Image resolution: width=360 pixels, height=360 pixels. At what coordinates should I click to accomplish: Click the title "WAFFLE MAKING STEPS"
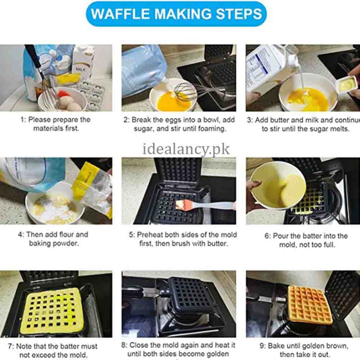pyautogui.click(x=176, y=13)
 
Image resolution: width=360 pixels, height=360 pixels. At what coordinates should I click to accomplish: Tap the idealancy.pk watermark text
pyautogui.click(x=186, y=148)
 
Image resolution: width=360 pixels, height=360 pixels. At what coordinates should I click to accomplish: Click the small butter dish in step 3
pyautogui.click(x=346, y=84)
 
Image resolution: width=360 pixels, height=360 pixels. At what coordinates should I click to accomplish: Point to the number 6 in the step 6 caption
pyautogui.click(x=267, y=236)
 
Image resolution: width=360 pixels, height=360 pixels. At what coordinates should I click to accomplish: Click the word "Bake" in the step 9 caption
pyautogui.click(x=277, y=346)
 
